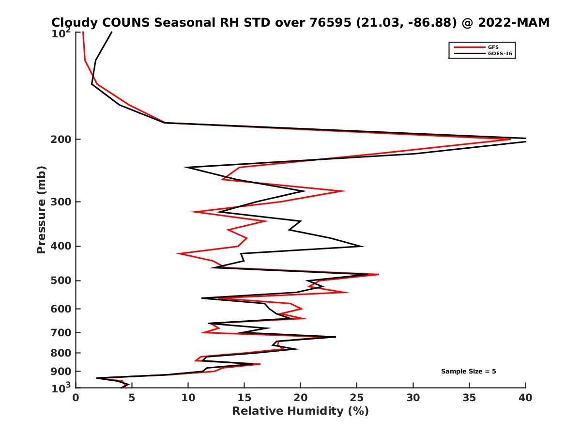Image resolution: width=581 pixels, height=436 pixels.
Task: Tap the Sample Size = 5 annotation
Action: tap(468, 372)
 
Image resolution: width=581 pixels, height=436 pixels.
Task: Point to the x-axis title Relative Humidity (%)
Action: tap(300, 411)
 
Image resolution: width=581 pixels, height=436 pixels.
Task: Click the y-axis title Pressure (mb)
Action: tap(41, 209)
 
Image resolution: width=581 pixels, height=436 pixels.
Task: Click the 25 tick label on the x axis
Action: tap(357, 398)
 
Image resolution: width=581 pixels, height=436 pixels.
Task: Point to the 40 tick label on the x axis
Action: tap(525, 398)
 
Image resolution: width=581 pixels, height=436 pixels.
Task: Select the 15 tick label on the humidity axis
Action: tap(244, 398)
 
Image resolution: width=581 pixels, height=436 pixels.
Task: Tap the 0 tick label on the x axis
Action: tap(76, 398)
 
